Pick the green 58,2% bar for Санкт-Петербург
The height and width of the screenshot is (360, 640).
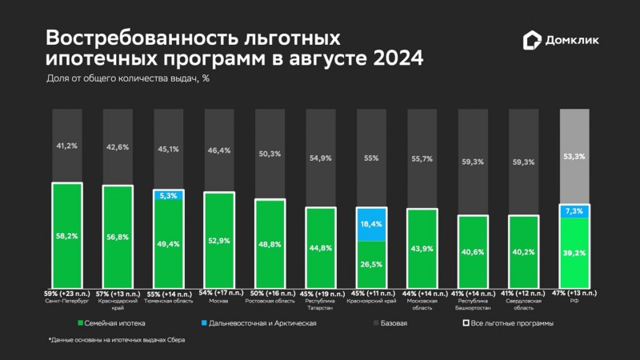click(x=67, y=236)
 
